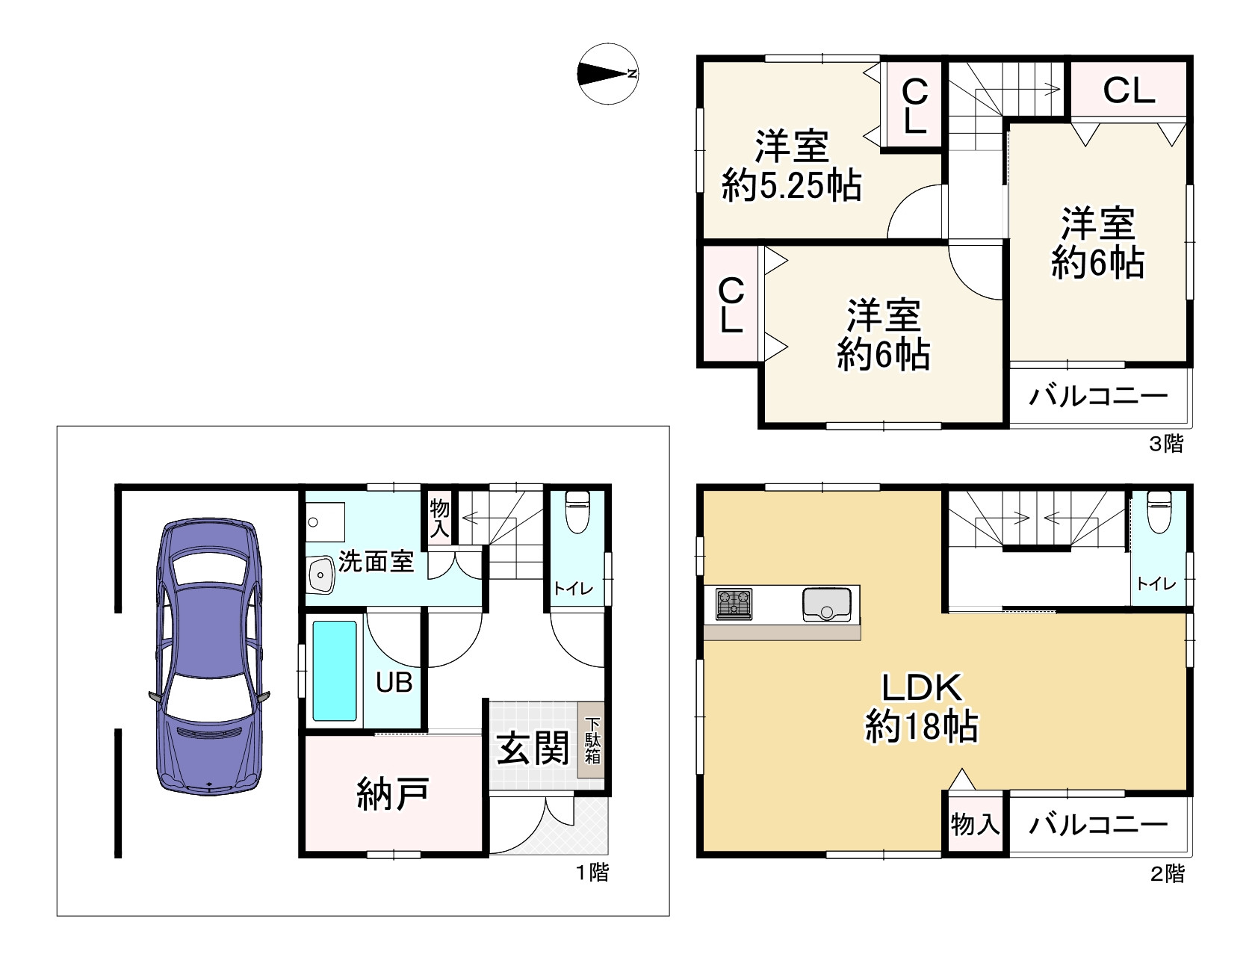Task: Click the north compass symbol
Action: pos(607,74)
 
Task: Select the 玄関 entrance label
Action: pos(533,748)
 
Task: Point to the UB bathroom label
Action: pos(394,682)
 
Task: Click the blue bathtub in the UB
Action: pos(334,671)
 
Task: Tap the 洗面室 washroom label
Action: pos(376,561)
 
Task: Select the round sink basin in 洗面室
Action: pos(321,575)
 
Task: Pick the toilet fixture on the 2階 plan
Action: pos(1159,511)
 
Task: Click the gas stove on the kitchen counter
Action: pos(734,604)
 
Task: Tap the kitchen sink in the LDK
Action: pos(826,604)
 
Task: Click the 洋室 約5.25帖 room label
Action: pos(792,166)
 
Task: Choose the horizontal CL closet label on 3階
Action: pos(1129,90)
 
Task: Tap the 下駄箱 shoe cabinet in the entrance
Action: pos(592,740)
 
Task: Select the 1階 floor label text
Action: pos(592,873)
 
